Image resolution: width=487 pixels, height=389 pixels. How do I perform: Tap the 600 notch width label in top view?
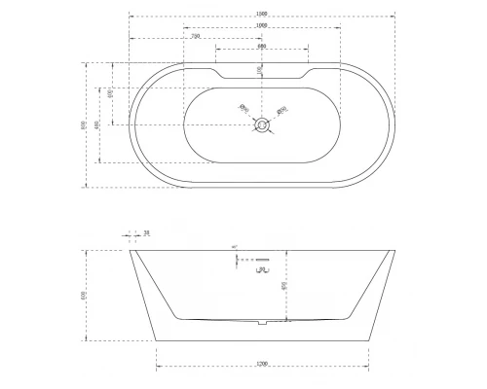(x=261, y=47)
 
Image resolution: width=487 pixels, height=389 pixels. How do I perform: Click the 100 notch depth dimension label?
(x=260, y=70)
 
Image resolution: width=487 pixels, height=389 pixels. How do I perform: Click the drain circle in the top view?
(x=261, y=124)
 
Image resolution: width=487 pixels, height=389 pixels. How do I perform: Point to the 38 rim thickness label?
(x=146, y=233)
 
